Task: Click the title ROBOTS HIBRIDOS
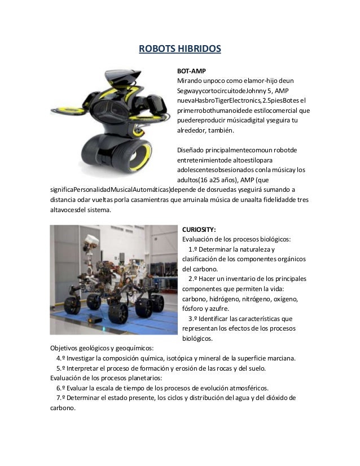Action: coord(179,49)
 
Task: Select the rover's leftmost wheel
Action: coord(72,305)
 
